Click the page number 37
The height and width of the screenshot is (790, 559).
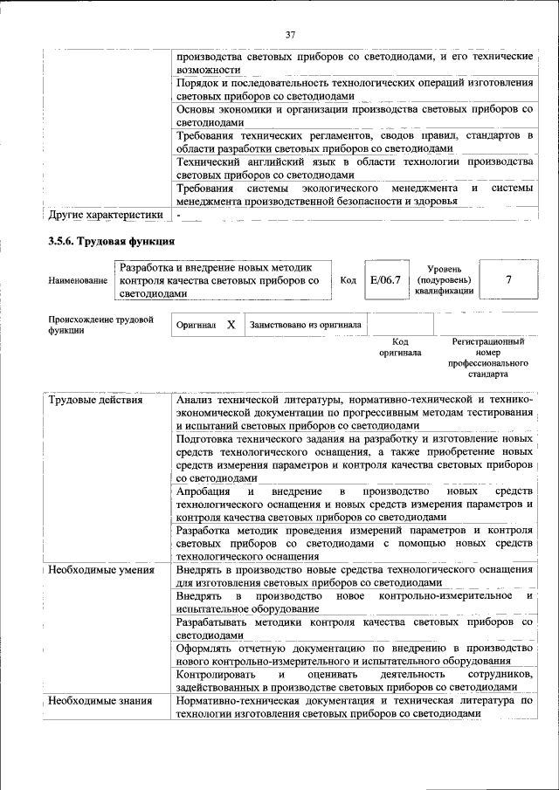(x=291, y=34)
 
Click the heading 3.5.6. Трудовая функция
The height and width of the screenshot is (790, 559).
(x=113, y=241)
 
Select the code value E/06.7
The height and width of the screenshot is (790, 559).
(x=384, y=280)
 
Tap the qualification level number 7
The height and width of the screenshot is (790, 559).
(x=508, y=280)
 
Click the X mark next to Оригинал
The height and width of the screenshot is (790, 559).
(x=231, y=325)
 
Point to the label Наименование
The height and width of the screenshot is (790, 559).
(x=79, y=281)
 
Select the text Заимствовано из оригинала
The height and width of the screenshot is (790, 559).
(x=305, y=325)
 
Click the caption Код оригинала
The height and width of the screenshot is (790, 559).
(x=400, y=347)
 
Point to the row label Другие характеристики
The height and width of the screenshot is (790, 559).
(x=106, y=214)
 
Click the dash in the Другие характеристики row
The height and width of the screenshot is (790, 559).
(x=178, y=214)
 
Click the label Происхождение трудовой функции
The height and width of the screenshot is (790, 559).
(x=100, y=325)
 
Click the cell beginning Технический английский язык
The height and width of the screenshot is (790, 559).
(x=354, y=168)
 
